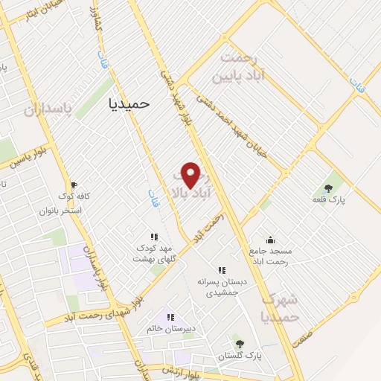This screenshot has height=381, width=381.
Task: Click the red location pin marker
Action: (x=191, y=175)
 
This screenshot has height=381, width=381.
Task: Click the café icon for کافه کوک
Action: (x=74, y=185)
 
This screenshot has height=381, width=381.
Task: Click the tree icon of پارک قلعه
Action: (x=328, y=188)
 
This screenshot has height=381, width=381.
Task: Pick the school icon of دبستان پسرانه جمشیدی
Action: (x=221, y=270)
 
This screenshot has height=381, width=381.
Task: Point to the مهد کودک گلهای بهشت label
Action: (x=153, y=253)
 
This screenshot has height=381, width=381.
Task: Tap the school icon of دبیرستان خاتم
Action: (x=170, y=318)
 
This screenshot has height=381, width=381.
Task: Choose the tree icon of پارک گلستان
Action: (x=239, y=343)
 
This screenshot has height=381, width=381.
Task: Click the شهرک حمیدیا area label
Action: (x=281, y=307)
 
